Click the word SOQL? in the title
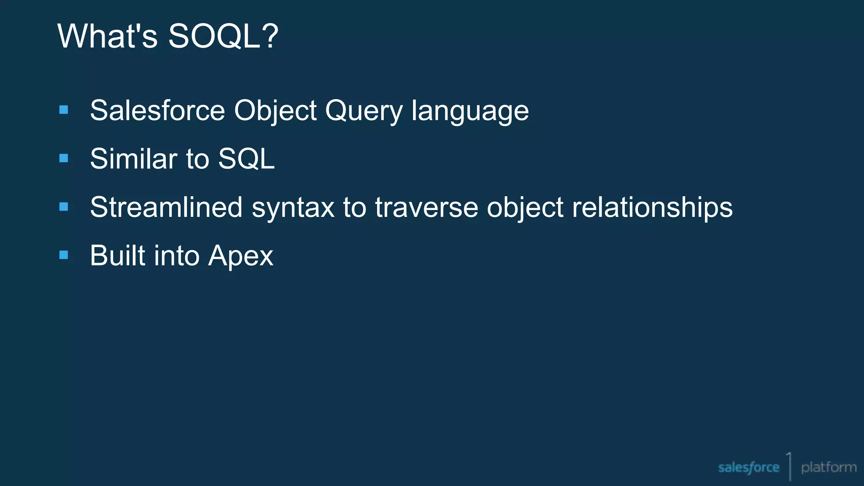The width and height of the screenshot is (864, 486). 223,36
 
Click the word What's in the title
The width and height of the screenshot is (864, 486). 107,36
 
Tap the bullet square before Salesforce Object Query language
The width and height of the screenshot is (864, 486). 64,110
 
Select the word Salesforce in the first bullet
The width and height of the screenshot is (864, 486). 157,111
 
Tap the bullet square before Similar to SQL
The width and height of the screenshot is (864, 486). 64,158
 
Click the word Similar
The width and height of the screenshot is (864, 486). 133,159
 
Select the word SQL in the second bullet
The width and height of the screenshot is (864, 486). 246,159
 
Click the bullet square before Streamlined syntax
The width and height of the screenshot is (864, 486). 64,207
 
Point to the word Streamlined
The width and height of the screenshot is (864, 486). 166,208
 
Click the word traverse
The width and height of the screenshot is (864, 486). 426,208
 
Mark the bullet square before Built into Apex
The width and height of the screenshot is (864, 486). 64,255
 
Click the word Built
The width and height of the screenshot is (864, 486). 117,256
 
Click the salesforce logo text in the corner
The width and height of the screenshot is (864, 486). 748,467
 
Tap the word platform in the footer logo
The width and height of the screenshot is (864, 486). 829,467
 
